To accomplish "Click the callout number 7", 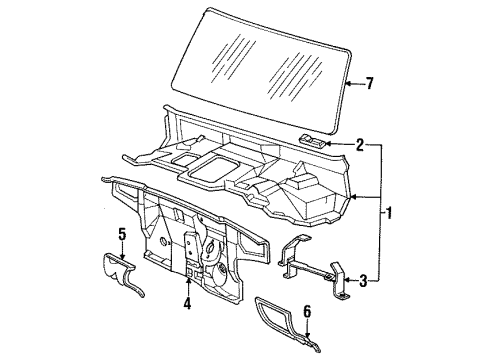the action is tap(369, 83).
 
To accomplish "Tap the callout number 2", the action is tap(360, 145).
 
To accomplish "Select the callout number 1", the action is tap(388, 213).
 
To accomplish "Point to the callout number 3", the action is tap(363, 281).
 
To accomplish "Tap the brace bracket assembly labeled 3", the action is tap(314, 267).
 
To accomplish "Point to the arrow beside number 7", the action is tap(354, 83).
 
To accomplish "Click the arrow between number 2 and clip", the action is tap(339, 144).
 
